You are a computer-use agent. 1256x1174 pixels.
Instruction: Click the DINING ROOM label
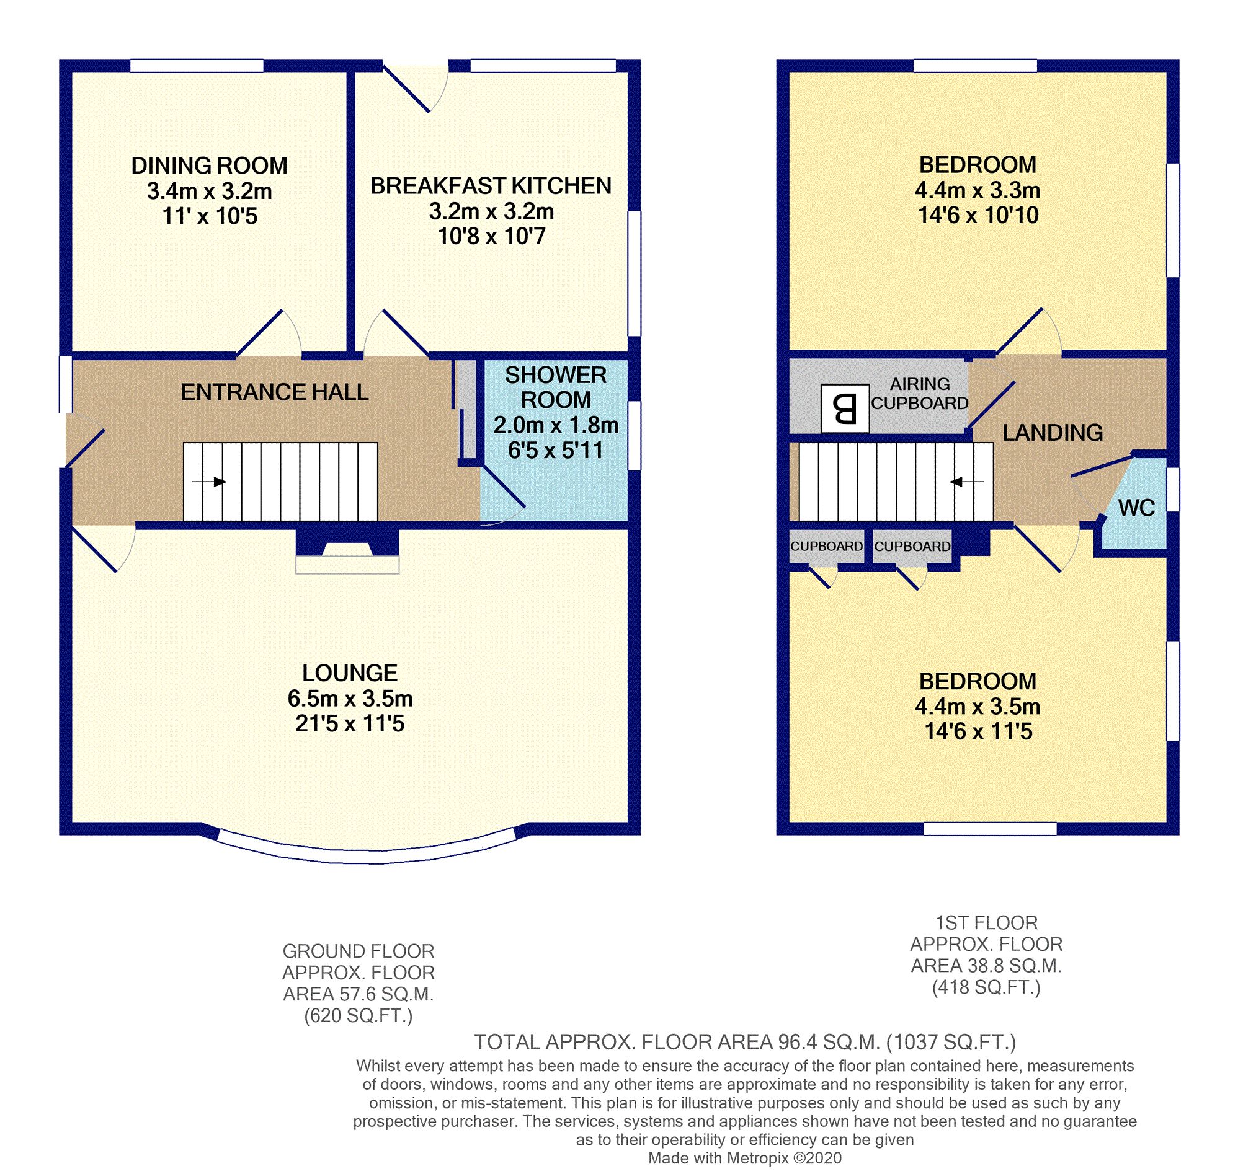point(209,166)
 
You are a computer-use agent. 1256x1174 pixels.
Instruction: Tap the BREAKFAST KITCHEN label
point(491,186)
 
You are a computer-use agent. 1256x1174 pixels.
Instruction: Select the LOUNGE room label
point(349,673)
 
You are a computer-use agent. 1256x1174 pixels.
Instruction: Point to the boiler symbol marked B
point(845,408)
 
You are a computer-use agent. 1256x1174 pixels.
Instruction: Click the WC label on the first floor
point(1136,508)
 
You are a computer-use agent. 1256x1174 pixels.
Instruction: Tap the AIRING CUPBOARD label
point(920,394)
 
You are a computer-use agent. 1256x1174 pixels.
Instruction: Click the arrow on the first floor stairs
point(966,482)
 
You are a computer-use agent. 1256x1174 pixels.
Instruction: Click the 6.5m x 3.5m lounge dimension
point(350,699)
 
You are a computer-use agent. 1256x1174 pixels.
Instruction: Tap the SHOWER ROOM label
point(556,387)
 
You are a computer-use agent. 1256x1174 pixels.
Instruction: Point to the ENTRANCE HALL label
point(275,392)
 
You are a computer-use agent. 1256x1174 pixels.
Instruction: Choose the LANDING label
point(1053,433)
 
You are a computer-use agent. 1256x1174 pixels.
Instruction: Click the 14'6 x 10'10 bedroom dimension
point(978,215)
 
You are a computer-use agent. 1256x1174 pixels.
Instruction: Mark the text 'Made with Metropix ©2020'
point(746,1158)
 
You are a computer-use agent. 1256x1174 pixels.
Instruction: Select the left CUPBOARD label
point(826,546)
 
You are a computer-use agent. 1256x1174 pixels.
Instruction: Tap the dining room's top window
point(197,66)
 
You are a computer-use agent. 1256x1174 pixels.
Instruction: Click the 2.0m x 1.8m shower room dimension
point(556,425)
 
